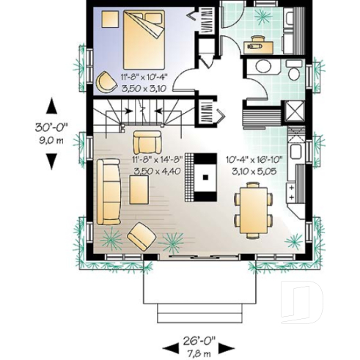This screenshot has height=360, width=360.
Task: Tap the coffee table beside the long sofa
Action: [139, 193]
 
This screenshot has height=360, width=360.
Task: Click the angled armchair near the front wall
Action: [141, 238]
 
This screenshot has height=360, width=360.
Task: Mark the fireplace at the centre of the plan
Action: [205, 177]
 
